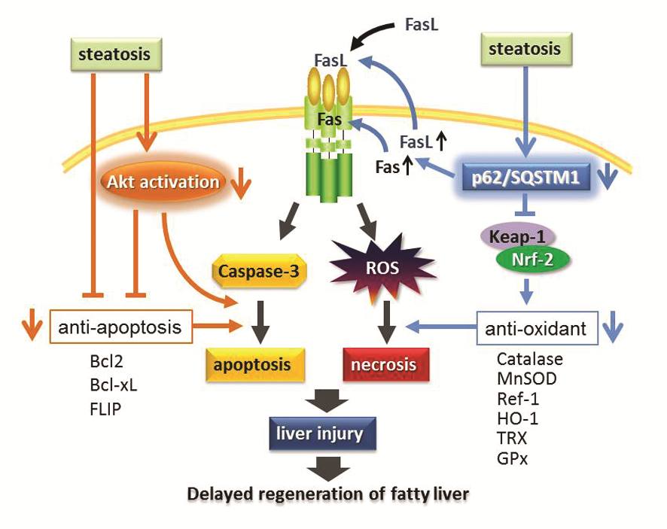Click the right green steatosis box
point(525,50)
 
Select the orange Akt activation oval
point(163,181)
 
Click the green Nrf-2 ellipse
point(532,260)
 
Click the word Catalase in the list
point(529,360)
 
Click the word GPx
point(513,457)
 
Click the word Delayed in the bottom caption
point(219,495)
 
